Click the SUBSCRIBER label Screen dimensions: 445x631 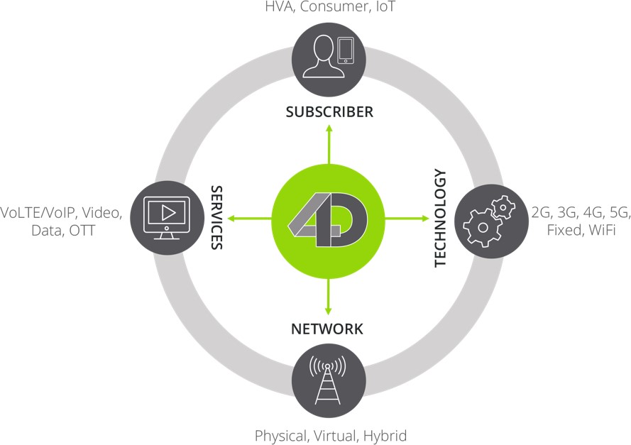pos(329,112)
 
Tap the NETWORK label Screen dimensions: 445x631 pos(327,329)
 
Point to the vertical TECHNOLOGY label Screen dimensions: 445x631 pos(441,218)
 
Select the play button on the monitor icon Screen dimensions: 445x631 pos(168,211)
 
